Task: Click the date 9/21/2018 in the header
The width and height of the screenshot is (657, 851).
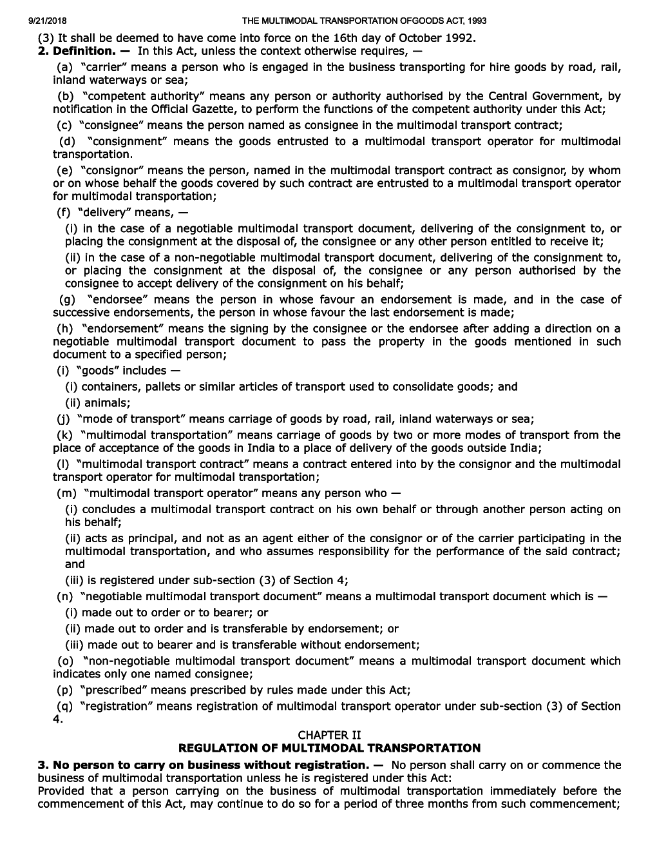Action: pos(48,21)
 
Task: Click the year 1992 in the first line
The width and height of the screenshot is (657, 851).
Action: pos(459,37)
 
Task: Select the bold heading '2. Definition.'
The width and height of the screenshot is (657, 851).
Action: pos(84,50)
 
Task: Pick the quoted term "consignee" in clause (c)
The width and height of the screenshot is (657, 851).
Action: pos(108,125)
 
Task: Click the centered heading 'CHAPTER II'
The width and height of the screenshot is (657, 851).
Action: pos(329,735)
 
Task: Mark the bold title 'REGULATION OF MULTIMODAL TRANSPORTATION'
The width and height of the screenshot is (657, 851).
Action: pos(329,748)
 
